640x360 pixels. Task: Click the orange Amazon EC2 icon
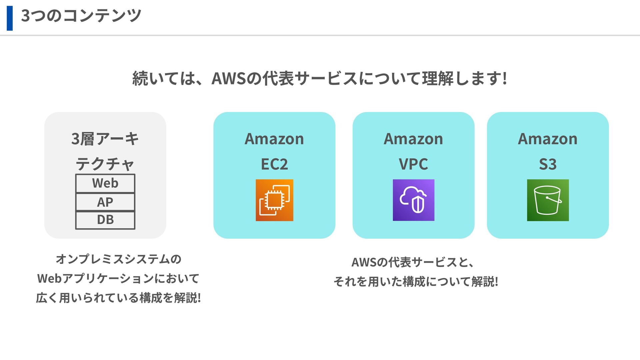pos(274,200)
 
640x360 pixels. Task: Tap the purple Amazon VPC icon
pos(413,200)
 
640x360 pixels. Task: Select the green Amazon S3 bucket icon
pos(548,200)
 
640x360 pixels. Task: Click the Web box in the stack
pos(105,183)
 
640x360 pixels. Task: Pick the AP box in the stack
pos(105,202)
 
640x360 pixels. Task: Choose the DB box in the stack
pos(105,220)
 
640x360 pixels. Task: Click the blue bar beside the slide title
pos(10,18)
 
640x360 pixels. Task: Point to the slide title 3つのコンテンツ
pos(81,15)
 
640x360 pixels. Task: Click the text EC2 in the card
pos(274,164)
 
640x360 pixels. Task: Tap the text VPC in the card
pos(413,164)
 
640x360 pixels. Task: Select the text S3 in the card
pos(548,164)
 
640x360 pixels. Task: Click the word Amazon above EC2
pos(274,139)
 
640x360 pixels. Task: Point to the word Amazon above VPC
pos(413,139)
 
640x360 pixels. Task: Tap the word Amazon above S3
pos(548,139)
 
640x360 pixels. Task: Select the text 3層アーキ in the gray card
pos(105,139)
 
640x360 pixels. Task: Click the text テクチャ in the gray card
pos(105,164)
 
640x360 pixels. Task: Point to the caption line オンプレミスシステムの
pos(118,259)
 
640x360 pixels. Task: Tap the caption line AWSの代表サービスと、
pos(413,262)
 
